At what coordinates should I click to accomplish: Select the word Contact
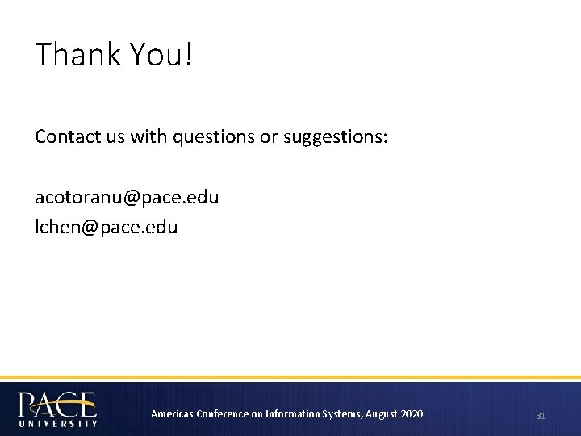tap(66, 137)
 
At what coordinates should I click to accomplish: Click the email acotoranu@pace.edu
tap(127, 197)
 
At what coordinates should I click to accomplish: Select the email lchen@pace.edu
tap(106, 227)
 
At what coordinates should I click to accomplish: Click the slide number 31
tap(541, 415)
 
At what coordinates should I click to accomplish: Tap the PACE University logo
tap(57, 408)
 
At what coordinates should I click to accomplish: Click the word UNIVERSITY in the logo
tap(57, 422)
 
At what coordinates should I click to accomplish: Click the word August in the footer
tap(382, 414)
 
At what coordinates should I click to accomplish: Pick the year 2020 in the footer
tap(412, 414)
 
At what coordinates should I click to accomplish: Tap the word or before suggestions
tap(267, 138)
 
